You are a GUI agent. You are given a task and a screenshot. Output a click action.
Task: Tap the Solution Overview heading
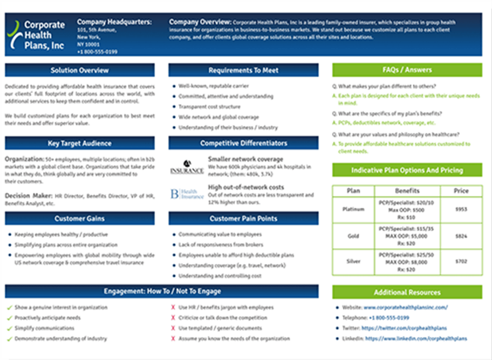[79, 70]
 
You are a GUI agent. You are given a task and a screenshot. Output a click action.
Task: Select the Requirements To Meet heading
[243, 70]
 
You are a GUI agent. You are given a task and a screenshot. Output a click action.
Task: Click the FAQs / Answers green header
[407, 70]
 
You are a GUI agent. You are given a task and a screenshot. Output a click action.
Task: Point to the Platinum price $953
[461, 208]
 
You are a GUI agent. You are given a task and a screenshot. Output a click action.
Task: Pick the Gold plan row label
[353, 236]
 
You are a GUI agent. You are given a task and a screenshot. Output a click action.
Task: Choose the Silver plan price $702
[461, 261]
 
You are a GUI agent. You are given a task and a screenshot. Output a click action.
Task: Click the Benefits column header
[407, 191]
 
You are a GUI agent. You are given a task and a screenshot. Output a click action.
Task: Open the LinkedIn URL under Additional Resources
[416, 339]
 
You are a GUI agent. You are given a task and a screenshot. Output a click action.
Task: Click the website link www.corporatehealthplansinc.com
[406, 308]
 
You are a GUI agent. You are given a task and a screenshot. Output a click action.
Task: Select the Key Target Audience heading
[79, 144]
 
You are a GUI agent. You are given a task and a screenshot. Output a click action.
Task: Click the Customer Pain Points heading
[243, 219]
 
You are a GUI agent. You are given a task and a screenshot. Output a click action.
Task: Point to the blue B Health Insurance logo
[187, 194]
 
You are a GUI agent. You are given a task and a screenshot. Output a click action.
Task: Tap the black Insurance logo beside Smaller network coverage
[187, 167]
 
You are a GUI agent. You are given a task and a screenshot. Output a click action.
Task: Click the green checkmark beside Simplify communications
[9, 329]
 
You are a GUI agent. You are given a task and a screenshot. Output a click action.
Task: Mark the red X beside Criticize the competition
[173, 318]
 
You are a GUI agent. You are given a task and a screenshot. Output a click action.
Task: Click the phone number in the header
[97, 52]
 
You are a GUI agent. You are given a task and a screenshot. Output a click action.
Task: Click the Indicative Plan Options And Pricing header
[407, 170]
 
